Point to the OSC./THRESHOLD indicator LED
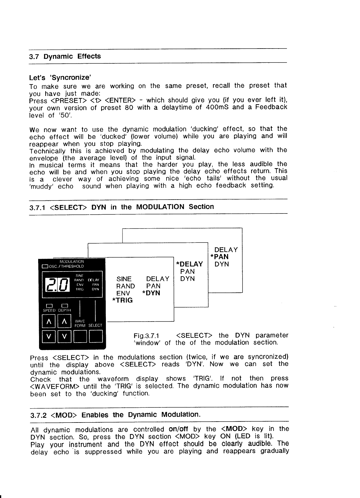pos(45,266)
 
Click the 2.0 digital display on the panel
pos(56,284)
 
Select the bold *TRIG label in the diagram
pos(122,300)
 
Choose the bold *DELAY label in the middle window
pos(189,264)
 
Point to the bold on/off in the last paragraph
pos(178,429)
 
